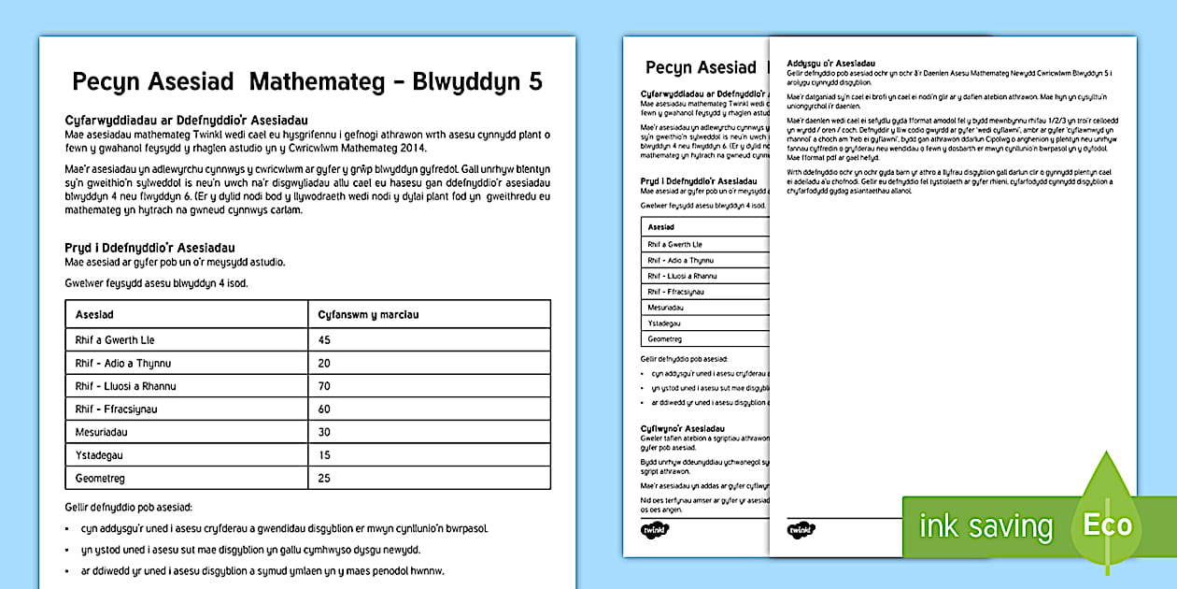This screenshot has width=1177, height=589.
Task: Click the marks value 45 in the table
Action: [x=325, y=340]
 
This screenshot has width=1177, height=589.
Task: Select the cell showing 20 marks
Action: [x=325, y=364]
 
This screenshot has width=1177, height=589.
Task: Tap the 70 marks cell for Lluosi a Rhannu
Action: [x=325, y=386]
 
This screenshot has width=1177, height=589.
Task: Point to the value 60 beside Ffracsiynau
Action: [x=325, y=409]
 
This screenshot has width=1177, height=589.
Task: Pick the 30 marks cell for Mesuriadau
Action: [x=325, y=433]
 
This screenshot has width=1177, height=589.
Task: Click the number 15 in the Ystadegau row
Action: [x=324, y=455]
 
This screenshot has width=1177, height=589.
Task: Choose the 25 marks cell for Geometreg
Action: [x=325, y=479]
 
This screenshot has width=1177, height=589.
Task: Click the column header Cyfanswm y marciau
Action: [x=368, y=315]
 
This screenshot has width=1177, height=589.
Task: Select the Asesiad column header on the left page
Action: [x=94, y=315]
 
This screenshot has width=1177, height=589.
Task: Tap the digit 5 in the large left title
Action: [x=534, y=82]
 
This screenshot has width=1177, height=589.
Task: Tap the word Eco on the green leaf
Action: [x=1108, y=524]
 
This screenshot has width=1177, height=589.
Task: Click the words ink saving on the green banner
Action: [x=986, y=526]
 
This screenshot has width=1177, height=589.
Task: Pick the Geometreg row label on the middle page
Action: [x=664, y=339]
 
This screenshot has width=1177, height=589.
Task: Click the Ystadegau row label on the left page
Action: [x=99, y=455]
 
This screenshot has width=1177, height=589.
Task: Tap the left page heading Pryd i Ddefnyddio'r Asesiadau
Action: [x=149, y=248]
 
